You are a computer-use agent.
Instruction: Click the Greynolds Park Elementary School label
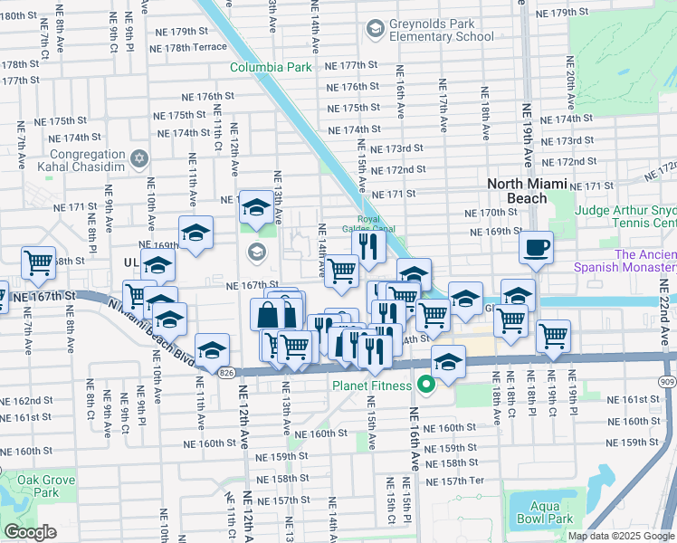click(442, 30)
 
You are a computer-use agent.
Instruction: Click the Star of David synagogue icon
click(138, 159)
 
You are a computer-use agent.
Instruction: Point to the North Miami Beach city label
click(529, 191)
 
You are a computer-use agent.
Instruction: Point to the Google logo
click(30, 532)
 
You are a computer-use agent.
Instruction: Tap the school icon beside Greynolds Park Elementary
click(375, 31)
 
